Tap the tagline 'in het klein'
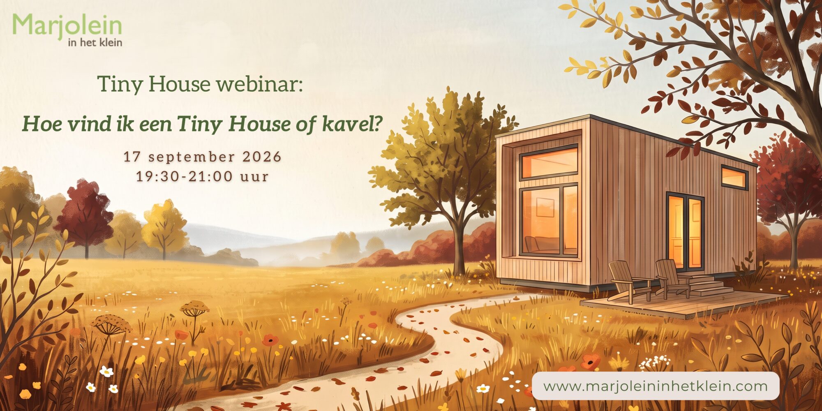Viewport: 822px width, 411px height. [95, 42]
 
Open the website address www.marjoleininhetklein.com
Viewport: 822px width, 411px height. [656, 386]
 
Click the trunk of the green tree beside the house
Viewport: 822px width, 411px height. [459, 247]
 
